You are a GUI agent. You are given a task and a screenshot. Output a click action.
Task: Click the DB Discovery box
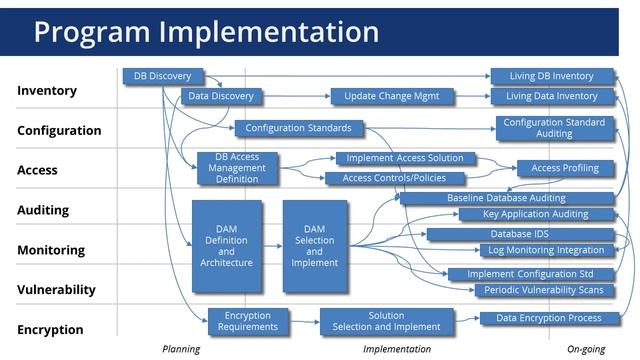pos(163,76)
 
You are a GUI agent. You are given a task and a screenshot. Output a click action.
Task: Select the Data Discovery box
pos(221,96)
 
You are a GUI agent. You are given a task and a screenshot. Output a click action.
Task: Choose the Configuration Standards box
pos(298,128)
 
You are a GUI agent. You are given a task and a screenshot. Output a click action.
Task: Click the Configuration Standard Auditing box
pos(553,128)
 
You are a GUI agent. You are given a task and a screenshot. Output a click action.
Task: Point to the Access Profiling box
pos(565,168)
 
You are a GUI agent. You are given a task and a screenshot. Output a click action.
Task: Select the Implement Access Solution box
pos(405,158)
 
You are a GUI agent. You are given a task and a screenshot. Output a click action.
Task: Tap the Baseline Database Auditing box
pos(506,198)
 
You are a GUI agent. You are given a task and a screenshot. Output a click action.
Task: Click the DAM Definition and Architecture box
pos(227,246)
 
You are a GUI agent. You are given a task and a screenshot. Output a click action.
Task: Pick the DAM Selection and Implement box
pos(314,246)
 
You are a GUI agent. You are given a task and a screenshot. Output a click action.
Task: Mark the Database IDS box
pos(519,234)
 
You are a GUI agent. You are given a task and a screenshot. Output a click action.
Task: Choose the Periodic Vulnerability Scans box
pos(544,290)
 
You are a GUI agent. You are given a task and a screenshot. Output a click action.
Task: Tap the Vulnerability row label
pos(56,290)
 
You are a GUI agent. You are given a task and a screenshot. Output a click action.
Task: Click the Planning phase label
pos(181,349)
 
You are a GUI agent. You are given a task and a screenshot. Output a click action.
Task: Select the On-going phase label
pos(588,349)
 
